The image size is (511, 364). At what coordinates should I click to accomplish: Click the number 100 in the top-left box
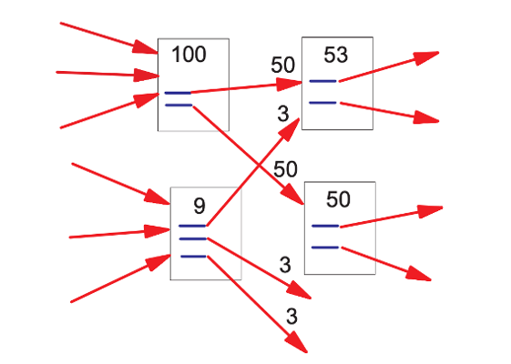pos(189,55)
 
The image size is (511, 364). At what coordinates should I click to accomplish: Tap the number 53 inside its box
pos(336,56)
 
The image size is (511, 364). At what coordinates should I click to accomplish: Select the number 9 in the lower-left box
pos(199,206)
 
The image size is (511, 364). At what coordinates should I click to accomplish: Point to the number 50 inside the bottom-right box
pos(338,199)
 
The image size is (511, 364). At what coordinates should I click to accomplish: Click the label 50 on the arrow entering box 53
pos(283,66)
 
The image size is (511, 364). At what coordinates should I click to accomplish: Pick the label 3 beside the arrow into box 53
pos(283,114)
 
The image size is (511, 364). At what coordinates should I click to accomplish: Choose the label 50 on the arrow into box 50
pos(285,168)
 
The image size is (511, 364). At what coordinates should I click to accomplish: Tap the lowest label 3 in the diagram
pos(291,318)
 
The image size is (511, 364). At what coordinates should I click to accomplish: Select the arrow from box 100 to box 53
pos(246,87)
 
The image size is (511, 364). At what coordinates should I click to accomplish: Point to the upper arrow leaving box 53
pos(387,67)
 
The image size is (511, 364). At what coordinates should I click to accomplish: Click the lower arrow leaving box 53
pos(387,111)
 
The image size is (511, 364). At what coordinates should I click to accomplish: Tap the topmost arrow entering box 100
pos(109,35)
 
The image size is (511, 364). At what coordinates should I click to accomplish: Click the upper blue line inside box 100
pos(178,93)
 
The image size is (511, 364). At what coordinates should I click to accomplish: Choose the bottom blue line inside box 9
pos(193,257)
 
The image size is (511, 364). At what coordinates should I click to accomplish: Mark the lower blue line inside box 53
pos(323,102)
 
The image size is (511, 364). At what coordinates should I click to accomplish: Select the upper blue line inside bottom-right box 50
pos(325,225)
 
